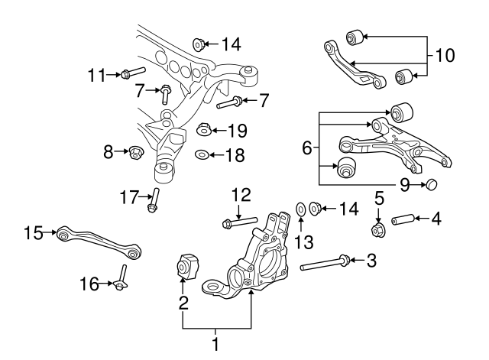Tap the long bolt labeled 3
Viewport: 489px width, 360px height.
tap(325, 264)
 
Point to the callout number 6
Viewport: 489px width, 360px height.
tap(306, 148)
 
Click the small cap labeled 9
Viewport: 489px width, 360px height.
tap(430, 184)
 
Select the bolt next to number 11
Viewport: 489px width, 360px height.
tap(132, 73)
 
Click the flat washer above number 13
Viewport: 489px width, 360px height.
tap(301, 208)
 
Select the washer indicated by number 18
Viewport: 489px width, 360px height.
tap(202, 155)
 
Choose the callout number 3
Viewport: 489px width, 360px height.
tap(371, 261)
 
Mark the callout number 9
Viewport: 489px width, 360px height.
tap(404, 184)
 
